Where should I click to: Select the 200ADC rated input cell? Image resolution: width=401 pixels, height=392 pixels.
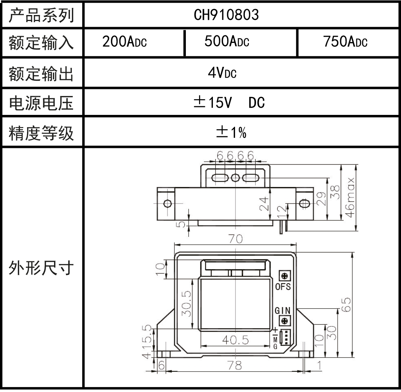(x=124, y=42)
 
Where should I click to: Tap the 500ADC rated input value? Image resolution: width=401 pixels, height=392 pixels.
(x=226, y=42)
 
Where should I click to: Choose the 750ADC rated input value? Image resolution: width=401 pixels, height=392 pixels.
(x=345, y=42)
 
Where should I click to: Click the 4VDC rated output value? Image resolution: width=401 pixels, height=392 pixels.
(x=222, y=72)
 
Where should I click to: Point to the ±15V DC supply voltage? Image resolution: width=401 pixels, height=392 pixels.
(x=229, y=103)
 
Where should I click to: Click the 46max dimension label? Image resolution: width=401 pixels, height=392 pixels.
(x=350, y=197)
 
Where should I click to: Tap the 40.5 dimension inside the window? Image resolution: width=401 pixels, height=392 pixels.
(x=235, y=340)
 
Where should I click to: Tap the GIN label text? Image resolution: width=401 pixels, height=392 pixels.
(x=283, y=311)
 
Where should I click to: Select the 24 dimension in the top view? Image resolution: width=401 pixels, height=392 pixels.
(x=264, y=204)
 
